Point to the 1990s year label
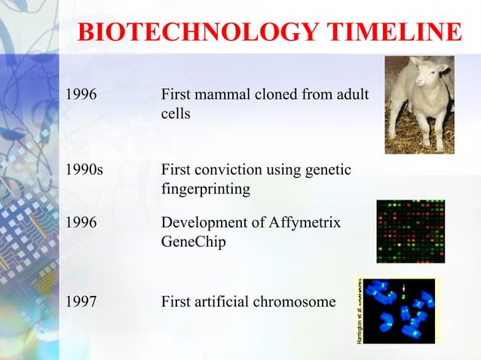(85, 170)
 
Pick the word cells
(175, 114)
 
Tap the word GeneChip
(193, 243)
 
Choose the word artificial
(224, 302)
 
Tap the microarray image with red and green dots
(410, 231)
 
